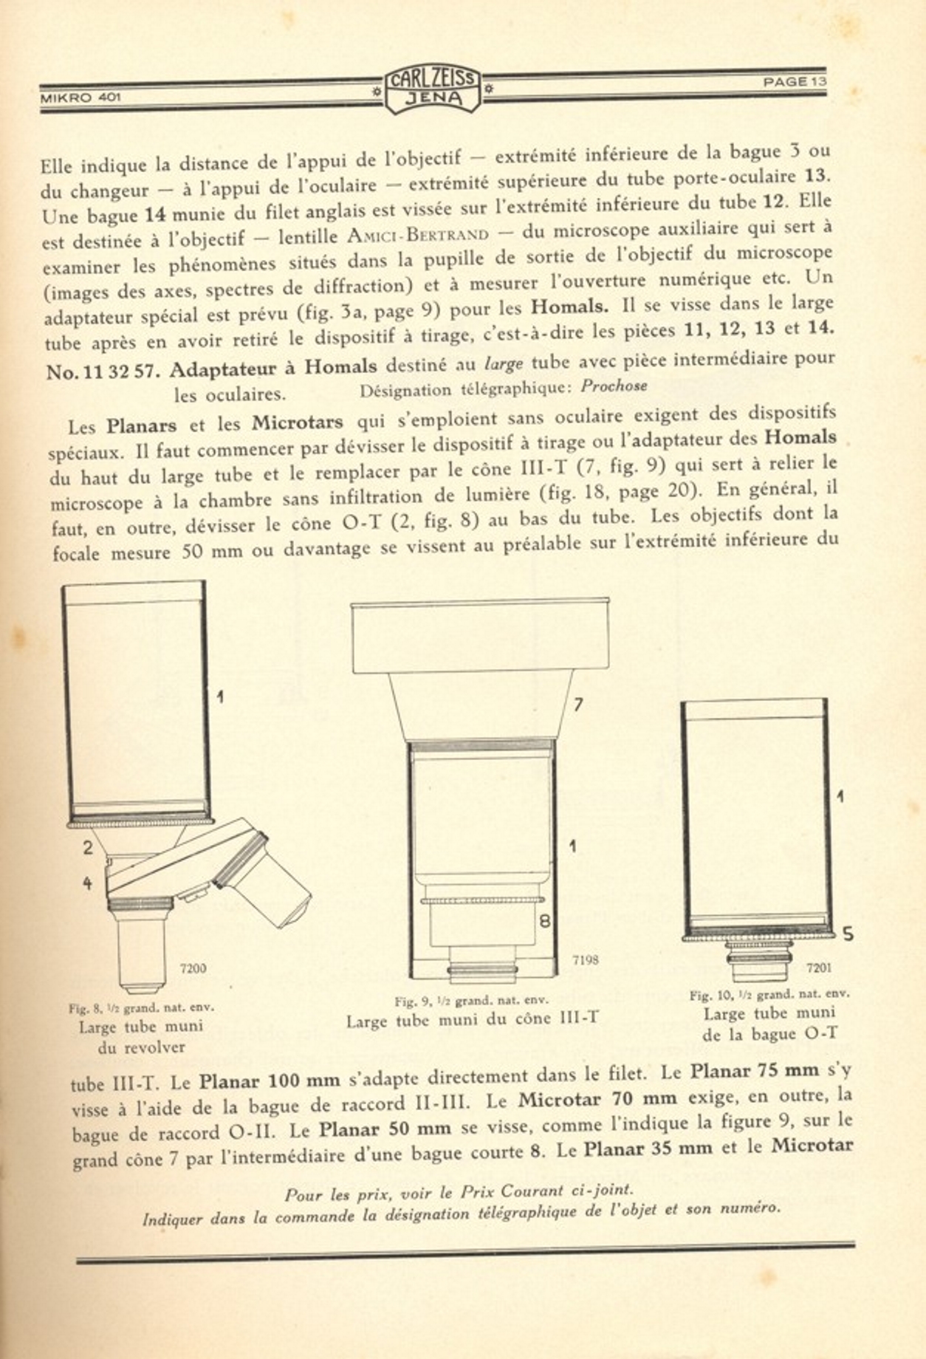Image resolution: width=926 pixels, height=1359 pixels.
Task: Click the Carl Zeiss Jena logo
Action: click(433, 89)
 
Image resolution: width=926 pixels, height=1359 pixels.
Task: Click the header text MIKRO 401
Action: click(80, 97)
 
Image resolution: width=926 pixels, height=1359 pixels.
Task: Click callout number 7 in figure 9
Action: click(578, 705)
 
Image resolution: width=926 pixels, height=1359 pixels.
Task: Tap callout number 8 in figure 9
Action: click(546, 921)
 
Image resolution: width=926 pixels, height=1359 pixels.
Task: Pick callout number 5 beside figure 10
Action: click(848, 934)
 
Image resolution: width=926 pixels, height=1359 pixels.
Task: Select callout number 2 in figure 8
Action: click(88, 847)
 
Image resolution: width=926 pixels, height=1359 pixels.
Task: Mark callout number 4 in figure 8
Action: click(87, 883)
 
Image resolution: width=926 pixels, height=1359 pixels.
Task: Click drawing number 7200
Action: click(193, 968)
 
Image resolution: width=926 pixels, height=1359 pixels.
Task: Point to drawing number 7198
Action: click(585, 959)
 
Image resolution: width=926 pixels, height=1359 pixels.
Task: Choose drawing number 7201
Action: click(819, 967)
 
